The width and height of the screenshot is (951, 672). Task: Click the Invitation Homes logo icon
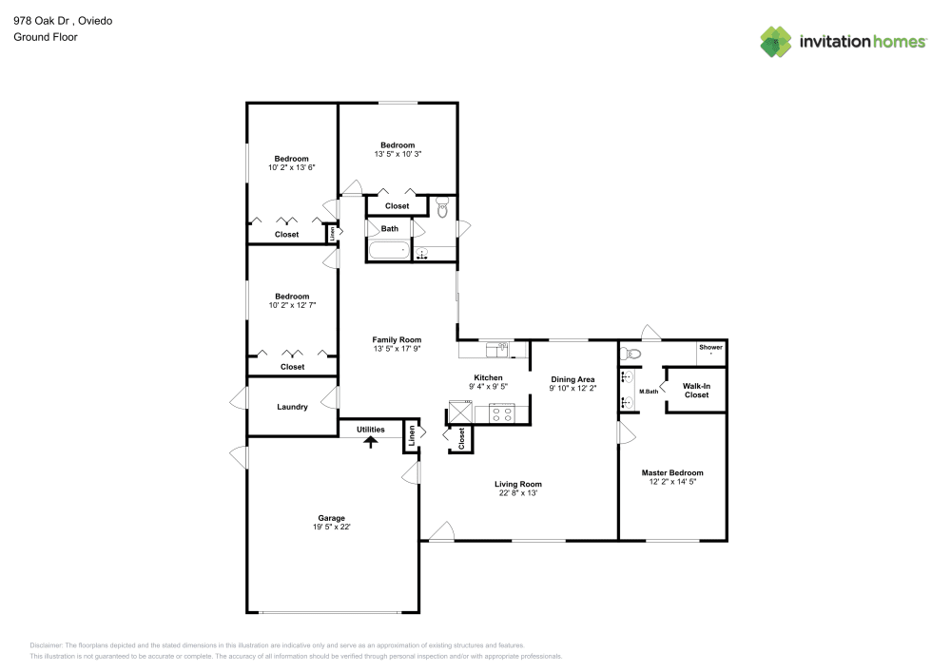(776, 42)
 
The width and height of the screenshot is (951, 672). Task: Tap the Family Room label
(397, 340)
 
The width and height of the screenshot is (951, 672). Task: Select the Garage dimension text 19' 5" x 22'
(332, 528)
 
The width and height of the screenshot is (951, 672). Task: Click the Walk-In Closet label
(696, 391)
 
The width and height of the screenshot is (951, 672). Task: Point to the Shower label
(710, 347)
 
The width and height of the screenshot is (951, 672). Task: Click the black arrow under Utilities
(371, 442)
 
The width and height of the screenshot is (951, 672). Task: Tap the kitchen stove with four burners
(501, 413)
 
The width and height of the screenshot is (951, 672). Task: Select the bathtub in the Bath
(389, 250)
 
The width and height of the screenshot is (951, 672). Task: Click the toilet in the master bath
(631, 354)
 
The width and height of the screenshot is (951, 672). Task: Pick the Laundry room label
(292, 407)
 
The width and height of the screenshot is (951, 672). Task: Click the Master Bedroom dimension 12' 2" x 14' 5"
(672, 482)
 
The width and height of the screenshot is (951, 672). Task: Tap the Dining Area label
(573, 380)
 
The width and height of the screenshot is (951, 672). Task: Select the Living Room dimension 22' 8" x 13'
(518, 493)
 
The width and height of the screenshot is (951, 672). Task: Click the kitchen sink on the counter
(498, 350)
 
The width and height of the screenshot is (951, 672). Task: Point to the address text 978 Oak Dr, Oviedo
(63, 21)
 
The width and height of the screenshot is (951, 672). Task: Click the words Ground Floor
(46, 37)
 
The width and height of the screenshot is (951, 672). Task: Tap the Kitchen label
(488, 378)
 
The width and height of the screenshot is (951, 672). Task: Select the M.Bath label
(649, 392)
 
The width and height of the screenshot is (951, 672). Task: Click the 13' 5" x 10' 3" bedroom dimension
(398, 155)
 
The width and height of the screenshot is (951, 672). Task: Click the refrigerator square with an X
(460, 413)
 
